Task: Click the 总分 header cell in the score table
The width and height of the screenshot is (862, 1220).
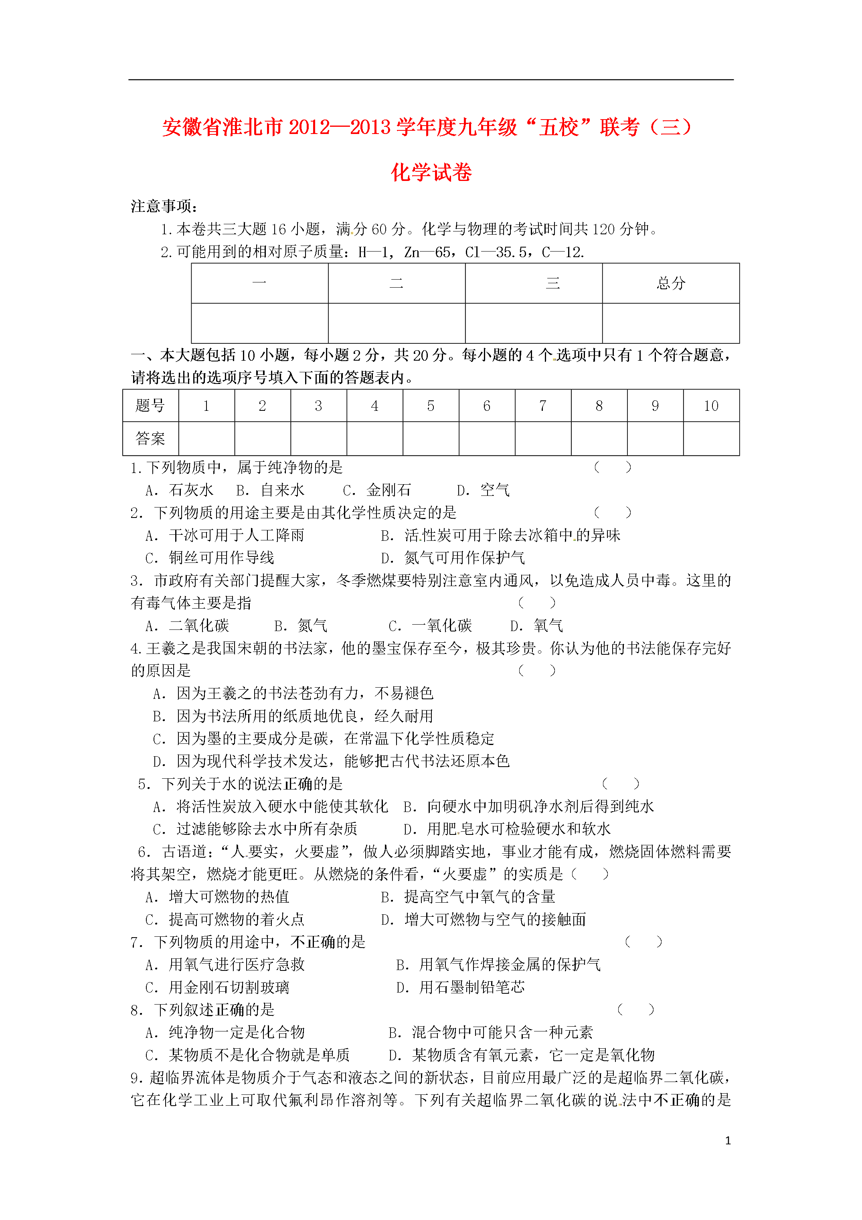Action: point(670,283)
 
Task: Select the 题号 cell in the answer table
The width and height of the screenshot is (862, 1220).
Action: point(150,406)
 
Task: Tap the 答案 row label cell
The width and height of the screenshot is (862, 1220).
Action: point(150,439)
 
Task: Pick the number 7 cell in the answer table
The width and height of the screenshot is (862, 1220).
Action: point(542,406)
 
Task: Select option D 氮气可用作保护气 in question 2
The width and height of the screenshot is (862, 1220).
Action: point(453,558)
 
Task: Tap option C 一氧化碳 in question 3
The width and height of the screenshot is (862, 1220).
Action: point(430,626)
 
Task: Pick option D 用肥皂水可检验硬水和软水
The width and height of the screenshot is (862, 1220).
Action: point(507,829)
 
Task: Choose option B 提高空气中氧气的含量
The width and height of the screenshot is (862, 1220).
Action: point(468,897)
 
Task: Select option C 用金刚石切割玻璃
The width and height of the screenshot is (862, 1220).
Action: point(217,987)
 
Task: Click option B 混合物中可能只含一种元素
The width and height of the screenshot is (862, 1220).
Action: point(490,1032)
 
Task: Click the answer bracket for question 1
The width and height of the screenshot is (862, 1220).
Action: point(612,468)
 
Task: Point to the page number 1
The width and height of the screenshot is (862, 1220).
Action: point(728,1140)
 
